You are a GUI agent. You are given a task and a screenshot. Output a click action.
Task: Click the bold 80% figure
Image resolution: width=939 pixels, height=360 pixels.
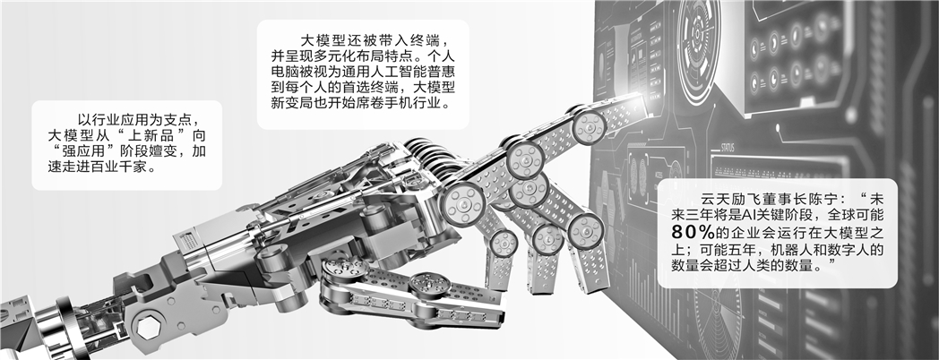696,231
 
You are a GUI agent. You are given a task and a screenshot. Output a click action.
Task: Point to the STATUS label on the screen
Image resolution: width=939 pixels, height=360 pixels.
728,148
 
